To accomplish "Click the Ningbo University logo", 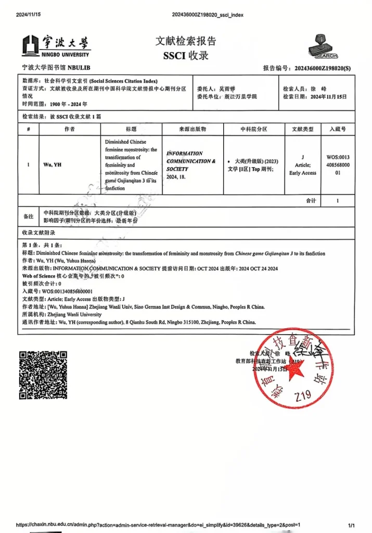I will click(x=56, y=45).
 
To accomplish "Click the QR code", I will click(x=43, y=375).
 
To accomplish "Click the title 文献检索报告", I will click(x=186, y=41).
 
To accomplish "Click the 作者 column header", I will click(x=69, y=129).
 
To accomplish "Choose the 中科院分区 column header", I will click(x=254, y=129).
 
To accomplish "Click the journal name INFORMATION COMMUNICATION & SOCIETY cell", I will click(x=191, y=161).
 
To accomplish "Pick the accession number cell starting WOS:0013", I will click(x=338, y=164).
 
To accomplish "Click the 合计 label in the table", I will click(x=311, y=200).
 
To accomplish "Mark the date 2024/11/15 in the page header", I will click(x=28, y=15).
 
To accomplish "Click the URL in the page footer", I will click(x=158, y=525).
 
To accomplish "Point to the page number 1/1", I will click(x=351, y=525).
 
